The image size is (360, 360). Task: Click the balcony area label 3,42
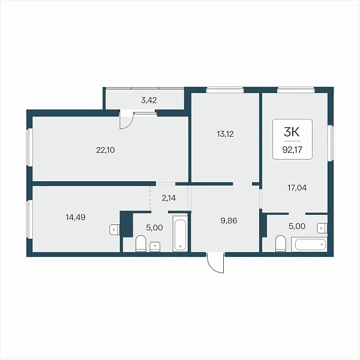(x=149, y=100)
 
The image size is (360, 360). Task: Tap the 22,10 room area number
(x=106, y=150)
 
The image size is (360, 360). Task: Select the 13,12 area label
(x=225, y=134)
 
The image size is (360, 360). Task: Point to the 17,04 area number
(x=297, y=188)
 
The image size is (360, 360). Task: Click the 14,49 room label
(x=76, y=217)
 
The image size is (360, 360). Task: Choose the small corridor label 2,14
(x=169, y=198)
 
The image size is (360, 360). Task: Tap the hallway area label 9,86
(x=229, y=221)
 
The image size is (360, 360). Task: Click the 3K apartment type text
(x=292, y=132)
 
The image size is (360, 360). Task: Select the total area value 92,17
(x=292, y=150)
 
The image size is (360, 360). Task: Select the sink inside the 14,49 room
(x=115, y=230)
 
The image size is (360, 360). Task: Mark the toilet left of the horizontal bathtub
(x=280, y=244)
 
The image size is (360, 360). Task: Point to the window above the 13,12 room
(x=225, y=90)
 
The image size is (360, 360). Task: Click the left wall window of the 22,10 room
(x=29, y=147)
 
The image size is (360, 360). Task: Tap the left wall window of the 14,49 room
(x=29, y=219)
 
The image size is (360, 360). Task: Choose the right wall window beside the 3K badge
(x=331, y=143)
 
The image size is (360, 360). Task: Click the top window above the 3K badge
(x=296, y=90)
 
